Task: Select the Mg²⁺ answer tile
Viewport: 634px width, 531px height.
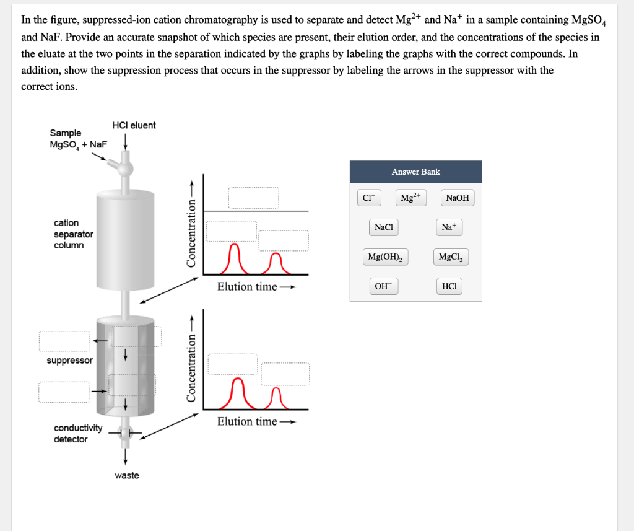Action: point(410,198)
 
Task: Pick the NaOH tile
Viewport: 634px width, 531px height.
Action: point(457,198)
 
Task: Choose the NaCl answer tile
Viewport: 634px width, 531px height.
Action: point(384,227)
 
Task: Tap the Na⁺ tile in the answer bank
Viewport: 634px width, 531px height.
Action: point(449,227)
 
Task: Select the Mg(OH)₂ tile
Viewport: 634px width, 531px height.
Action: point(384,257)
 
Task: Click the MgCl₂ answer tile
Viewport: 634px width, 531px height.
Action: point(453,257)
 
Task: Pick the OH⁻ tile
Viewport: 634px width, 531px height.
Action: point(384,286)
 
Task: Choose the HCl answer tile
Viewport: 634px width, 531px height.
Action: point(449,286)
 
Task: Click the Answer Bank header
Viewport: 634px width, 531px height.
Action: point(415,172)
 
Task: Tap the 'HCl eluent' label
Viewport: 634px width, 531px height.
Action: point(134,125)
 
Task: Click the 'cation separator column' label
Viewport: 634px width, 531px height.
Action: point(73,234)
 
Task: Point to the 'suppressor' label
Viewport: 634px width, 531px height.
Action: point(69,360)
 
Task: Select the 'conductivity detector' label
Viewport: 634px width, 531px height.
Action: point(77,433)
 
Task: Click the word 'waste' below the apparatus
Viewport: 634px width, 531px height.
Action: point(127,475)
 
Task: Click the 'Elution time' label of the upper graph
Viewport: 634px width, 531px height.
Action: point(247,286)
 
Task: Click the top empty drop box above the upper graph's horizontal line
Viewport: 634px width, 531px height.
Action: point(253,198)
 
